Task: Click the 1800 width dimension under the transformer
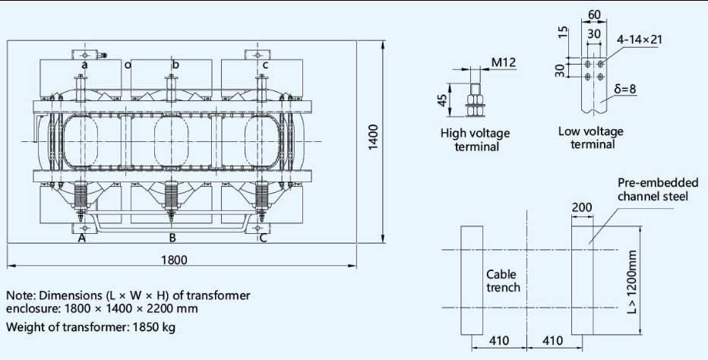click(180, 260)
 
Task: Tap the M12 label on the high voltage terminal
click(504, 62)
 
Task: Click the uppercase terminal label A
click(81, 238)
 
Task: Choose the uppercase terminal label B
click(173, 238)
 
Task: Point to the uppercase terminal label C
click(263, 238)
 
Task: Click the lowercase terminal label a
click(85, 65)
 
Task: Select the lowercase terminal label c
click(265, 65)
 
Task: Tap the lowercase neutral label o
click(128, 65)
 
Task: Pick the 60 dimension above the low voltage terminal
click(593, 14)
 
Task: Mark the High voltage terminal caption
click(476, 140)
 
